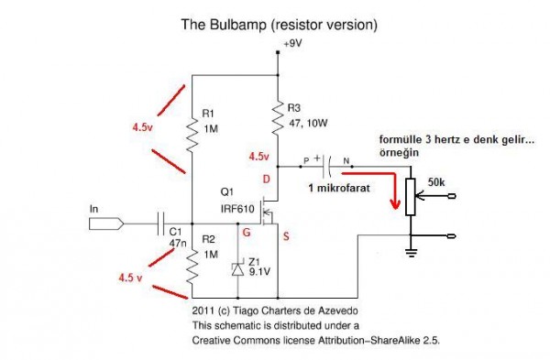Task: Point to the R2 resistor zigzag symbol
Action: pyautogui.click(x=192, y=266)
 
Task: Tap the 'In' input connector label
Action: pyautogui.click(x=93, y=210)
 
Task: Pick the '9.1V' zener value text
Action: pyautogui.click(x=261, y=271)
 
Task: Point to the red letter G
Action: pyautogui.click(x=245, y=235)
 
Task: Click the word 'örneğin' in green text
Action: pyautogui.click(x=400, y=155)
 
